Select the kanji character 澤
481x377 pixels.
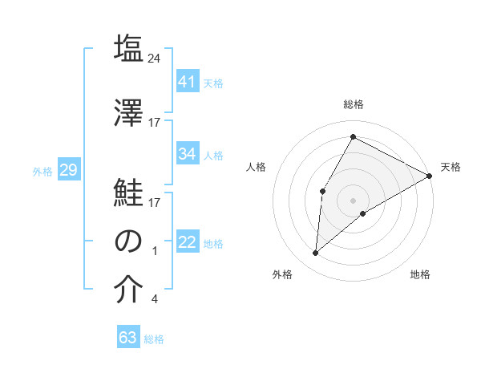[x=128, y=112]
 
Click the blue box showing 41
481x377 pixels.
[x=188, y=81]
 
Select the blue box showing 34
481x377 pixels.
[x=188, y=154]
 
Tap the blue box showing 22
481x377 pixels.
[x=188, y=242]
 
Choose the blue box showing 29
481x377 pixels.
[x=68, y=170]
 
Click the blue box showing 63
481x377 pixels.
[x=128, y=338]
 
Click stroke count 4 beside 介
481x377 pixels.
[x=154, y=300]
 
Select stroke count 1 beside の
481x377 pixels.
[x=155, y=251]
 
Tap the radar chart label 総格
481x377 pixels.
[x=353, y=104]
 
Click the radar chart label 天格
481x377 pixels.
[x=451, y=167]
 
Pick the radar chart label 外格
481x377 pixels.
[x=282, y=274]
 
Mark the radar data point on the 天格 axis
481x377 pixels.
[x=430, y=175]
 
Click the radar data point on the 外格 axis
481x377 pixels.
[x=316, y=253]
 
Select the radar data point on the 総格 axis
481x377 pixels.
[x=353, y=136]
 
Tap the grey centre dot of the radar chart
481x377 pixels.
[x=353, y=199]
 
